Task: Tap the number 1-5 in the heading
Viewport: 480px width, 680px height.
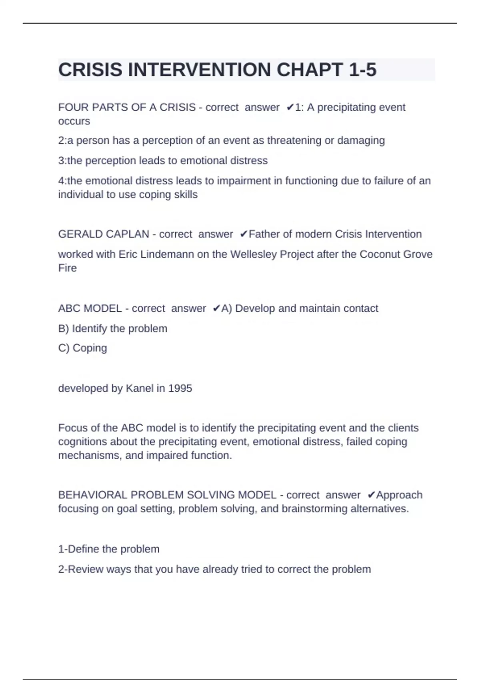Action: pos(362,70)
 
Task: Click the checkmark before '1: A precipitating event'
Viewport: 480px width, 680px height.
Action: pos(290,107)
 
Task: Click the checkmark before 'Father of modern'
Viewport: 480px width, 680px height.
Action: pos(244,234)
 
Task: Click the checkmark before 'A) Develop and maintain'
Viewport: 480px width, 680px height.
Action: pos(216,308)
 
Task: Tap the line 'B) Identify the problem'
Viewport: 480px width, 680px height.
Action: pos(113,328)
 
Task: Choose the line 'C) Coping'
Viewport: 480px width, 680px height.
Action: pos(82,348)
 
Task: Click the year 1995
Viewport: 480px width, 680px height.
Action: pos(180,388)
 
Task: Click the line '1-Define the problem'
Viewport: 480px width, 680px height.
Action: pos(109,549)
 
